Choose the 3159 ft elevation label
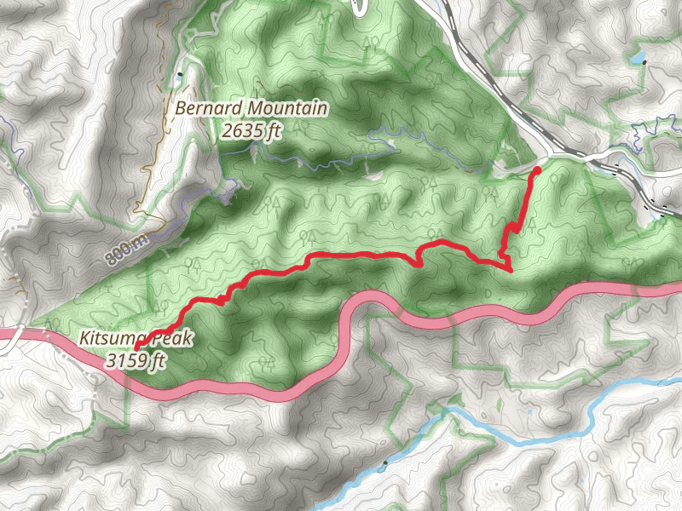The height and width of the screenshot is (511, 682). point(135,360)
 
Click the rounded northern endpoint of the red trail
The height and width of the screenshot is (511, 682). point(536,172)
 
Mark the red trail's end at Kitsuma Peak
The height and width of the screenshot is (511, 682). point(136,348)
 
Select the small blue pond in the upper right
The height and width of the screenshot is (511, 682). point(635,59)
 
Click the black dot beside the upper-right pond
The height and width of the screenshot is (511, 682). point(646,62)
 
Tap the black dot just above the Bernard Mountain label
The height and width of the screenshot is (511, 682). point(180,75)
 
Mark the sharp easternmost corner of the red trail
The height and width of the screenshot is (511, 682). point(510,270)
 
